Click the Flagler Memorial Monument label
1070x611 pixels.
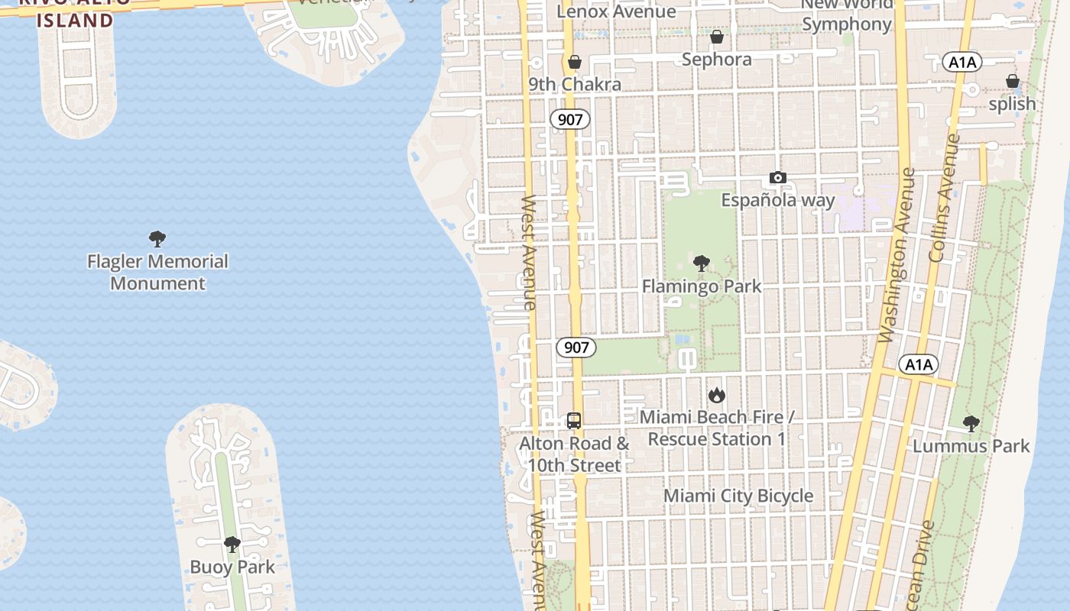157,272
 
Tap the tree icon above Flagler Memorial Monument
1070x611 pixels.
157,239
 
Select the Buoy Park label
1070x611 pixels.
232,567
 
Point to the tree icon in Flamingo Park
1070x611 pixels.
701,264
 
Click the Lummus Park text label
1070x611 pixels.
971,446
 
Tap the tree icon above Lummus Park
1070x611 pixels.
971,423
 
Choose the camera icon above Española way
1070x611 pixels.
777,178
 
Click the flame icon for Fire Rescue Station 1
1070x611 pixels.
716,395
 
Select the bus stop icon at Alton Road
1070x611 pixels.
574,421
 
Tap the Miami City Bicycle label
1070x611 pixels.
738,496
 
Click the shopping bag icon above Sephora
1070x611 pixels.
717,37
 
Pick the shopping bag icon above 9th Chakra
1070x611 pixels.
574,62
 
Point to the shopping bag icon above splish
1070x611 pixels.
1012,81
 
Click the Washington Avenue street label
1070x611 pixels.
897,256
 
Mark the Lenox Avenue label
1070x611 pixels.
616,11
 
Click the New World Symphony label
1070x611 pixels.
847,15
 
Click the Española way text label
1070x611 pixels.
778,200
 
